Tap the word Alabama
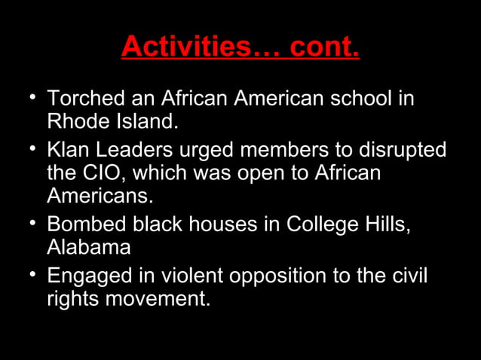(x=89, y=247)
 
